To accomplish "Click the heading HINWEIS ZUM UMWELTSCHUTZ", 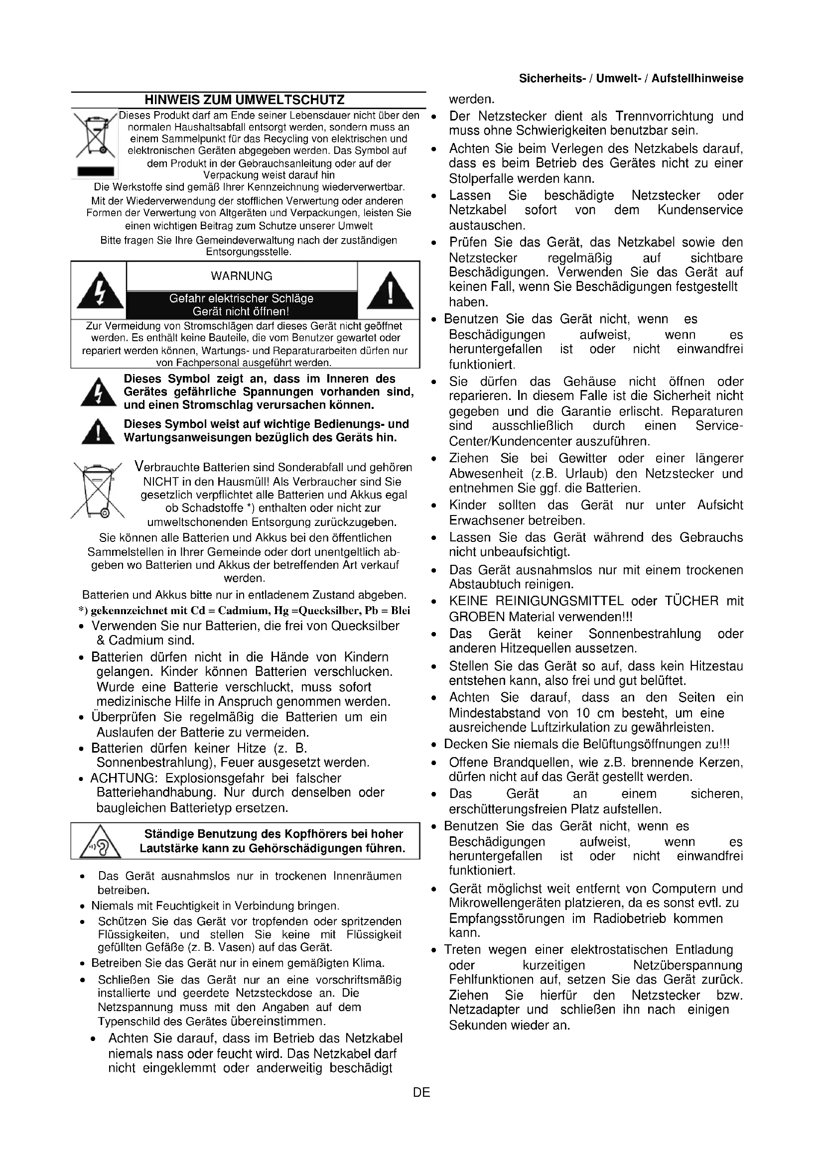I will pyautogui.click(x=245, y=100).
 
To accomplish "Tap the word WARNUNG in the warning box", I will pyautogui.click(x=242, y=276).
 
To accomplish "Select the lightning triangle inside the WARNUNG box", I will pyautogui.click(x=101, y=291).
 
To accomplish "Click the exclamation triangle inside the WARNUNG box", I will pyautogui.click(x=389, y=291).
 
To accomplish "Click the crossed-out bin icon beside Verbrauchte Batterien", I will pyautogui.click(x=98, y=491).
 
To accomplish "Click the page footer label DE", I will pyautogui.click(x=421, y=1092).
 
